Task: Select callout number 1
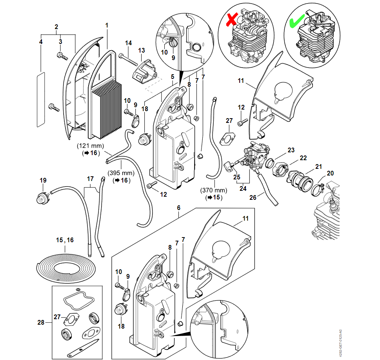(x=107, y=25)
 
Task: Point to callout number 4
(x=41, y=41)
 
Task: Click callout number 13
(x=141, y=50)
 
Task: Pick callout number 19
(x=43, y=180)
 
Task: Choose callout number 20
(x=331, y=173)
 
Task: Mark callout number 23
(x=291, y=150)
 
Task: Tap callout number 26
(x=253, y=197)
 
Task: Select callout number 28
(x=41, y=322)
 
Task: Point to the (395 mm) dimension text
(x=121, y=173)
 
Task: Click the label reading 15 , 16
(x=64, y=239)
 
